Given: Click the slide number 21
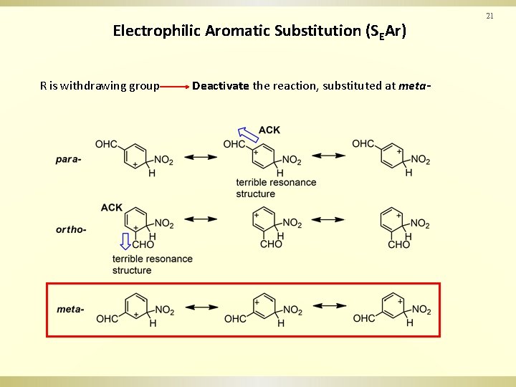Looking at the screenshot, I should point(491,15).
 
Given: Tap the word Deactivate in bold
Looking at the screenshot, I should point(220,86).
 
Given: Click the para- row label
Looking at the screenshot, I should point(68,159).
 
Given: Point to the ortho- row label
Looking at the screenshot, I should point(71,229).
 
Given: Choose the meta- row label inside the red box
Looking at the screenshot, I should point(70,309).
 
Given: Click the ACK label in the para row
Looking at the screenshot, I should point(269,130).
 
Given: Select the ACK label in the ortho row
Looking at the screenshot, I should point(112,207).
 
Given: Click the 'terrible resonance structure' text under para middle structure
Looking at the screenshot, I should point(275,188).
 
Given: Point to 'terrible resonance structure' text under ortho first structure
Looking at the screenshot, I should point(152,264).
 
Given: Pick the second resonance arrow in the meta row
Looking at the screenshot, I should point(330,306).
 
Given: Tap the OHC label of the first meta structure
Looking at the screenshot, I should point(107,319).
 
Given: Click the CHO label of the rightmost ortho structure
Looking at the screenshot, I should point(399,244).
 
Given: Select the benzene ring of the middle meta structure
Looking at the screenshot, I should point(265,307).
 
